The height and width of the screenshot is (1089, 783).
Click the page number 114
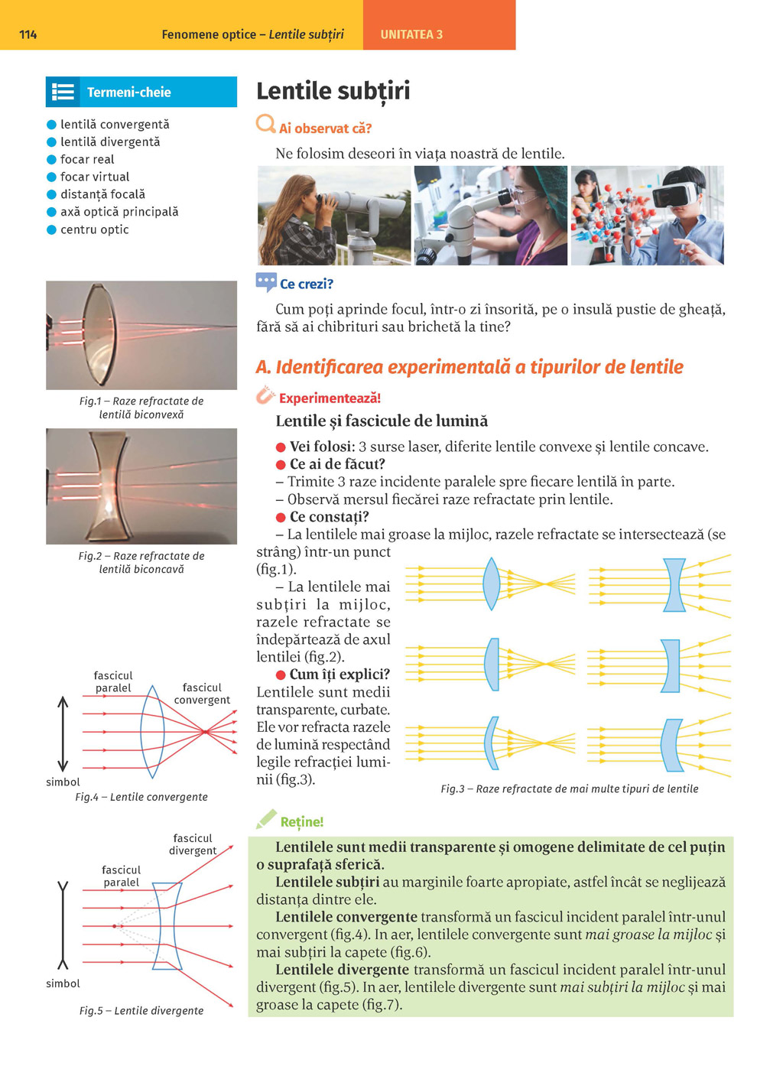point(28,34)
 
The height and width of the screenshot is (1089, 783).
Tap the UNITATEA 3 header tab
point(411,34)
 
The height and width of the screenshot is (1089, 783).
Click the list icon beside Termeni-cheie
point(63,93)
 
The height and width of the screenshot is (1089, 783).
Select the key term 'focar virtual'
point(95,177)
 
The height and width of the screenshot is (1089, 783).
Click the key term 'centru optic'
point(94,229)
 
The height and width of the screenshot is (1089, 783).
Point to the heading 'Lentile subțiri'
point(333,91)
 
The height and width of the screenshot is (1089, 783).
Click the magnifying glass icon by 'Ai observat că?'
point(265,124)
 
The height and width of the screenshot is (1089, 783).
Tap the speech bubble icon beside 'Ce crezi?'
point(266,283)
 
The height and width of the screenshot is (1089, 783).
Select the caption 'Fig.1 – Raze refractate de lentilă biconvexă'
point(141,408)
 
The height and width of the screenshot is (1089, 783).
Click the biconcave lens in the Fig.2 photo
point(112,486)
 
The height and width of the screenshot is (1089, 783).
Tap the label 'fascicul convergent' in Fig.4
point(202,694)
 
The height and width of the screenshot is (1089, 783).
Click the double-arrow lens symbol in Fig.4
point(63,733)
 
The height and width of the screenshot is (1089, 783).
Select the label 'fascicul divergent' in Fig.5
point(193,844)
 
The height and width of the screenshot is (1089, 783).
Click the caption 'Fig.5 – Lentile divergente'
point(141,1010)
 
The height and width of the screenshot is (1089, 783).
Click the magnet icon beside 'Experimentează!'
point(265,395)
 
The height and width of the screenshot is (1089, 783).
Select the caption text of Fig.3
point(569,788)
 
